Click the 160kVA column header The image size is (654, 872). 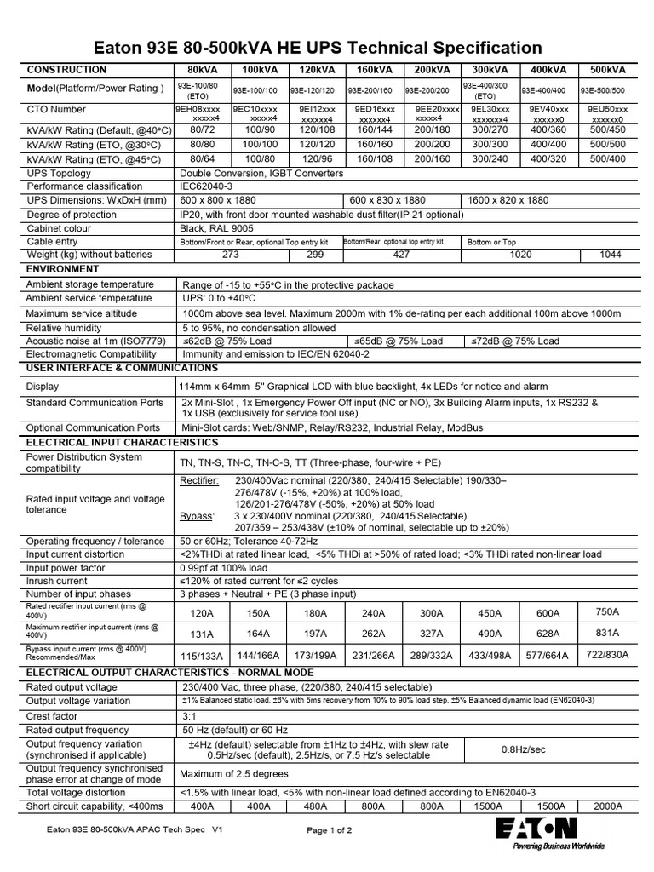[375, 69]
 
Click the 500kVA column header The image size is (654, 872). [604, 69]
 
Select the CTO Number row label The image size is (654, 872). [57, 110]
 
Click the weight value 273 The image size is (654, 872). [231, 255]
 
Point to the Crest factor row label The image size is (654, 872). [53, 715]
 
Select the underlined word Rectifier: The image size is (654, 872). [200, 481]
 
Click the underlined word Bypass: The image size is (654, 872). [197, 515]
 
